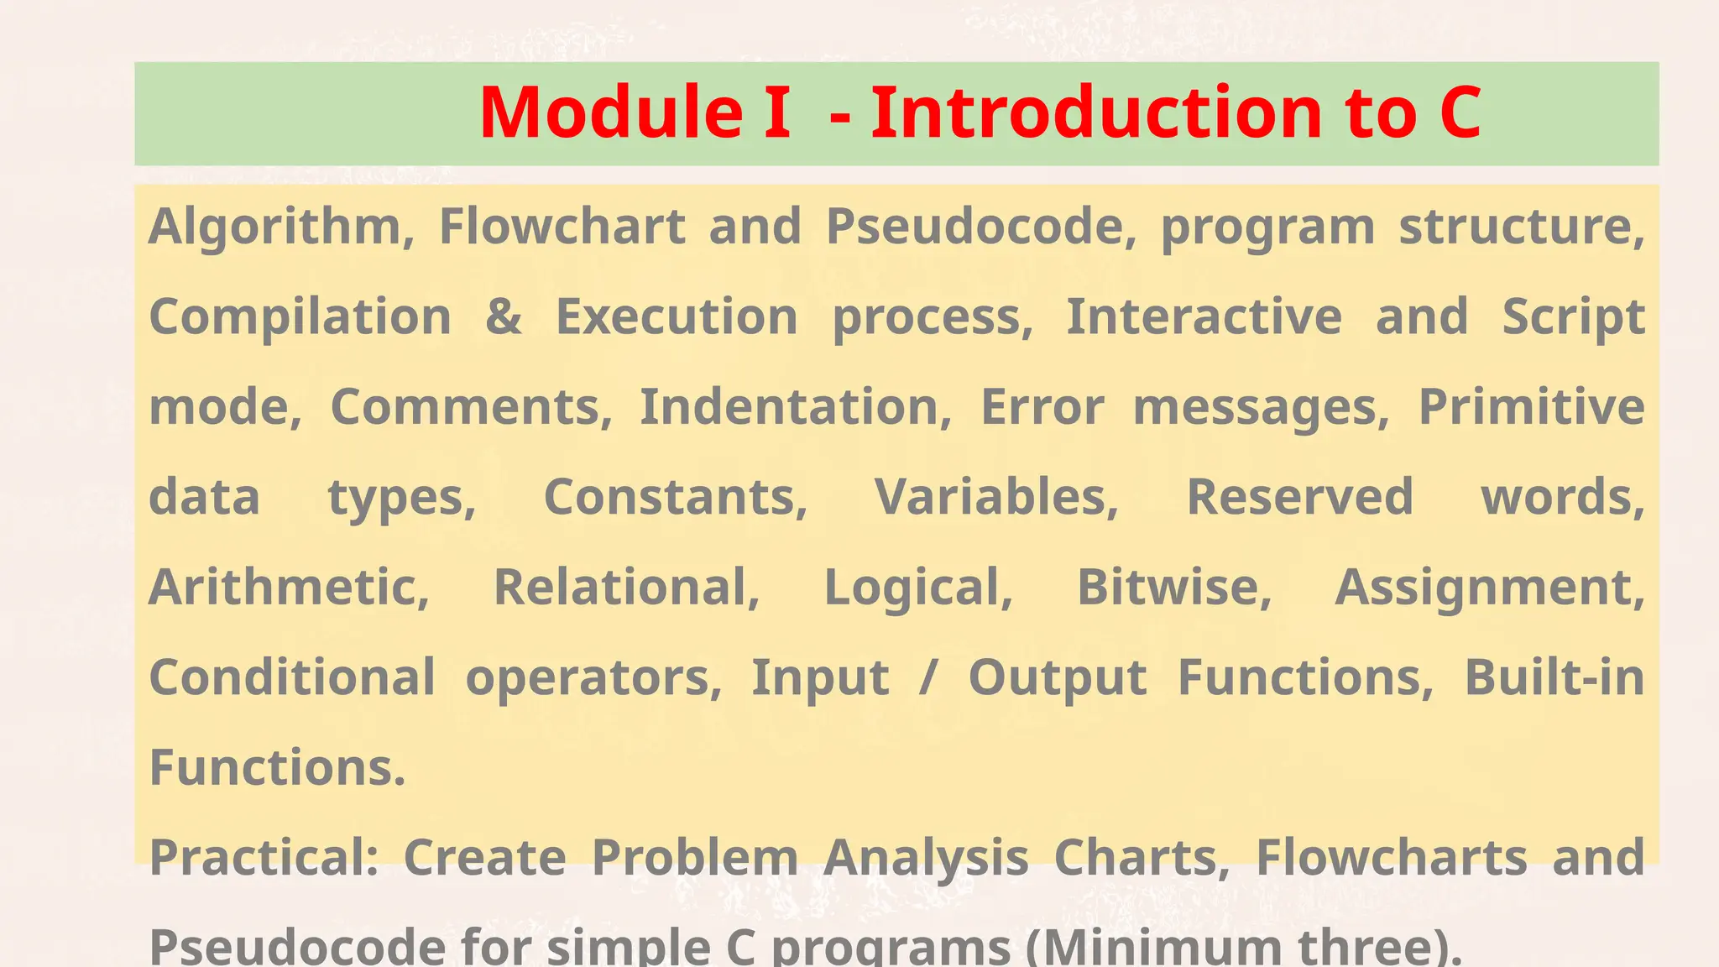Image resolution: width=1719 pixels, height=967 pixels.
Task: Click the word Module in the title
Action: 611,112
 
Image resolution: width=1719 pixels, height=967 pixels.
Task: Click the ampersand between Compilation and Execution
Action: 504,317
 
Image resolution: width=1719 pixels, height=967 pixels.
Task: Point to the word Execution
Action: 677,317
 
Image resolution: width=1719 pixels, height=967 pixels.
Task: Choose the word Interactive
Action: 1204,317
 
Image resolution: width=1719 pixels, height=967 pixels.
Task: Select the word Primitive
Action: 1531,408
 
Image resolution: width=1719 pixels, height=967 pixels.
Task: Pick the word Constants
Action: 676,497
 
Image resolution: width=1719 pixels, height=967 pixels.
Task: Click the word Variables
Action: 996,497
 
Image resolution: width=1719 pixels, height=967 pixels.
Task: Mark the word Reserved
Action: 1299,497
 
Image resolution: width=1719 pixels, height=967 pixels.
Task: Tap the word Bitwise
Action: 1173,587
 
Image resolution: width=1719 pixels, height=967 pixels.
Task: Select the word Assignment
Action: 1489,587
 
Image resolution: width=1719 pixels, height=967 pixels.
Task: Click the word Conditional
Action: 292,677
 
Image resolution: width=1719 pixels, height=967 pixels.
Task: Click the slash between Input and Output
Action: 927,678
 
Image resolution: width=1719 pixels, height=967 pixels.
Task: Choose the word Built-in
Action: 1554,677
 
